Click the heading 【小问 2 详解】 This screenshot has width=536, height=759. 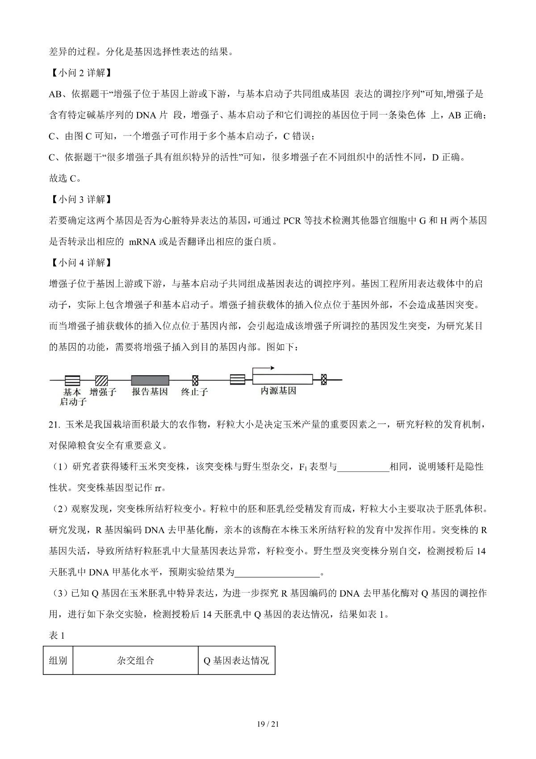click(x=80, y=73)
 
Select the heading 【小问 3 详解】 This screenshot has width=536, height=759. click(x=80, y=199)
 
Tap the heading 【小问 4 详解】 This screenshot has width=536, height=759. click(x=80, y=263)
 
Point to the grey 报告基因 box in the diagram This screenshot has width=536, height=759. click(x=150, y=380)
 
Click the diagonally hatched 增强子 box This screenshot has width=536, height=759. click(x=102, y=380)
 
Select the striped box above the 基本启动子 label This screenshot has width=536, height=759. click(x=72, y=380)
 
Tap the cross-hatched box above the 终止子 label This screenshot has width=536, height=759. click(x=195, y=380)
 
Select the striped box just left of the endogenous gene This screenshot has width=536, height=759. click(x=238, y=380)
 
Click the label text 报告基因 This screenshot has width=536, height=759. click(x=150, y=392)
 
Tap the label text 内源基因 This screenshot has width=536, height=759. click(x=278, y=391)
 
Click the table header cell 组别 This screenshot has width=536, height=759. click(x=58, y=660)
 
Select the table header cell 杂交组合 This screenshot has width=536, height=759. click(x=135, y=660)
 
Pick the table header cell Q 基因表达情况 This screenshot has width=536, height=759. click(x=236, y=660)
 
